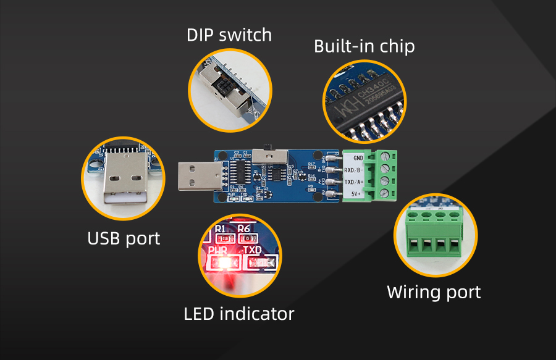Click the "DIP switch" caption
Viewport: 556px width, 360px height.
[x=229, y=35]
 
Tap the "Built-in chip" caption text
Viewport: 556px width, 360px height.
[x=364, y=46]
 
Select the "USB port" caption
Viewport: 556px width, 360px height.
[x=124, y=238]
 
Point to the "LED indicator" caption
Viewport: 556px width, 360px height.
[x=239, y=314]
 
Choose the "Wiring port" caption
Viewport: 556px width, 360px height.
[x=434, y=291]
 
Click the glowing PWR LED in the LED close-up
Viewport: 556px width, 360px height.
[x=221, y=264]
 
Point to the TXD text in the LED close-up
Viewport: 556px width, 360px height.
[x=252, y=250]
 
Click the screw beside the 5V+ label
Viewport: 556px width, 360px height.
[x=384, y=193]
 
